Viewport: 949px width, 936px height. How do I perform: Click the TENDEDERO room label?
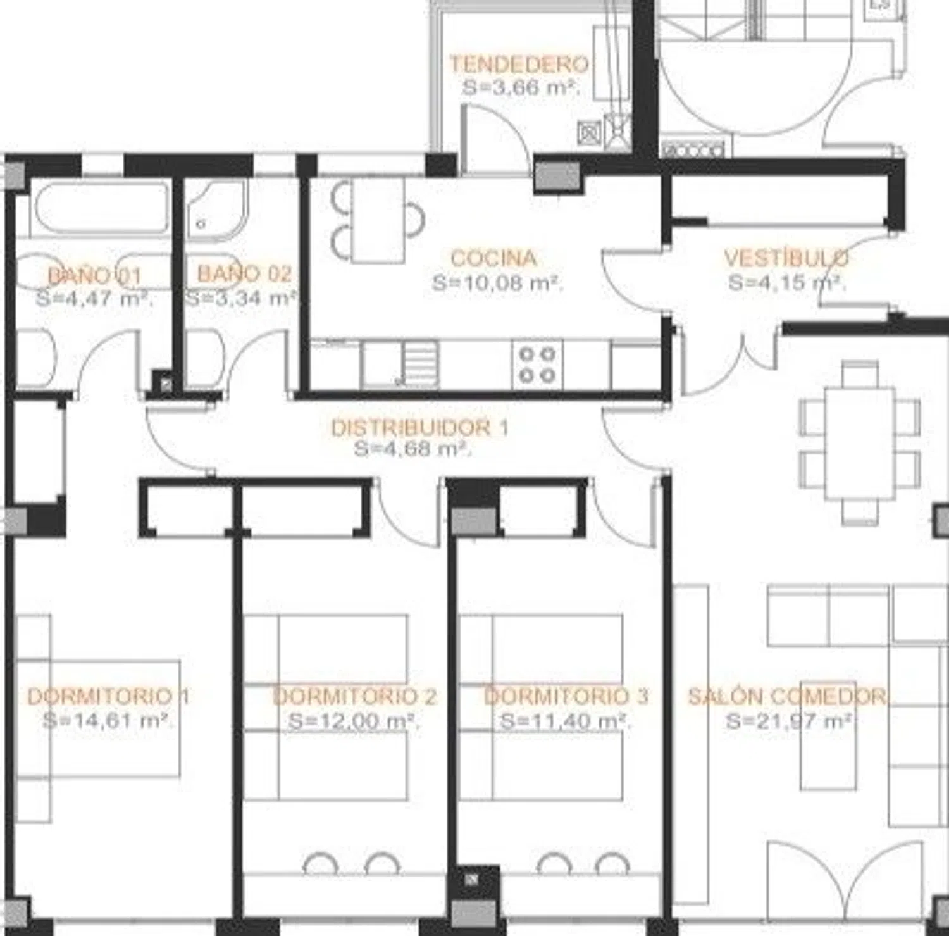(519, 64)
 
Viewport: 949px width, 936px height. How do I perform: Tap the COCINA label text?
(493, 258)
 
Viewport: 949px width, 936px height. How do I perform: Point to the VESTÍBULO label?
(786, 258)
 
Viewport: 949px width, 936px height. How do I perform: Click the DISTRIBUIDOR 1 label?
(419, 428)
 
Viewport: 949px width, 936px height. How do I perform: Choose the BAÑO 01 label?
(95, 275)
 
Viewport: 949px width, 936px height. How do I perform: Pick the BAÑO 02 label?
(244, 273)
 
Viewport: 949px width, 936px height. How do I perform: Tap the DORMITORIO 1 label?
(108, 696)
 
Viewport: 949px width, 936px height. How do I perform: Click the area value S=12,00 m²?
(354, 721)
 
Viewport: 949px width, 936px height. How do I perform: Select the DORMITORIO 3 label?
(566, 696)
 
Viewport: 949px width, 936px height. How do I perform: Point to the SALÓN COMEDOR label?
(787, 696)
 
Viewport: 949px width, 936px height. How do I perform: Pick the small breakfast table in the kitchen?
(378, 219)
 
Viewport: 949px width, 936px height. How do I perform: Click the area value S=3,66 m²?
(521, 87)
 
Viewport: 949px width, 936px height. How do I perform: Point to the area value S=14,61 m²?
(108, 720)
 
